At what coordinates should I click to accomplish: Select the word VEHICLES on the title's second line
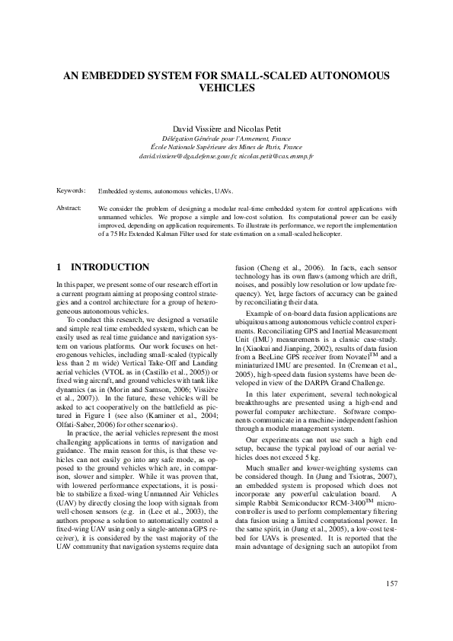click(x=226, y=88)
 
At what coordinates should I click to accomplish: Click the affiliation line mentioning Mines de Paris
click(x=226, y=147)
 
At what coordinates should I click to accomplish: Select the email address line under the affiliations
click(x=226, y=156)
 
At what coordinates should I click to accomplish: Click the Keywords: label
click(x=71, y=191)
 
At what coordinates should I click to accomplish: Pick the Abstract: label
click(x=69, y=208)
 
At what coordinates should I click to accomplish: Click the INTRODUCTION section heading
click(x=110, y=268)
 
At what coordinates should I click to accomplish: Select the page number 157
click(x=391, y=584)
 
